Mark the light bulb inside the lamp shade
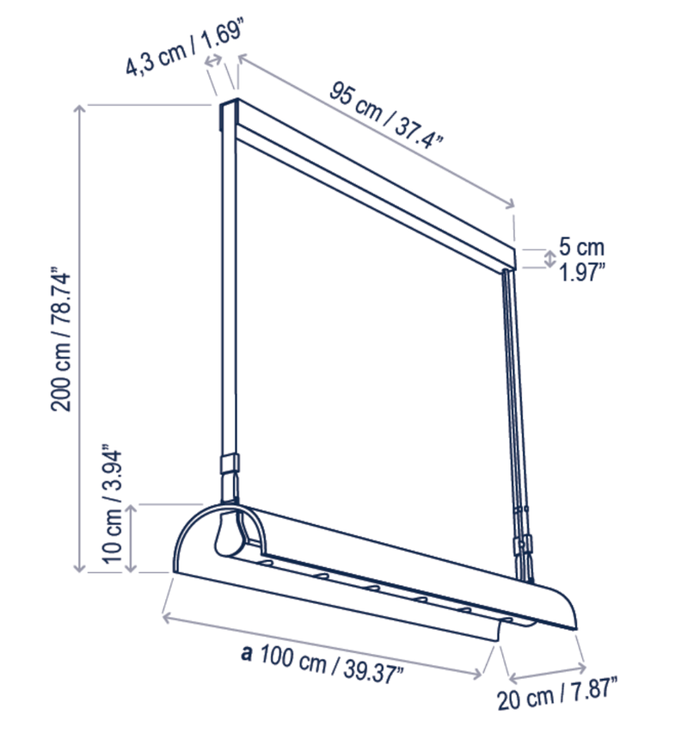[x=228, y=533]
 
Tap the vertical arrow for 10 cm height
[x=132, y=539]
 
